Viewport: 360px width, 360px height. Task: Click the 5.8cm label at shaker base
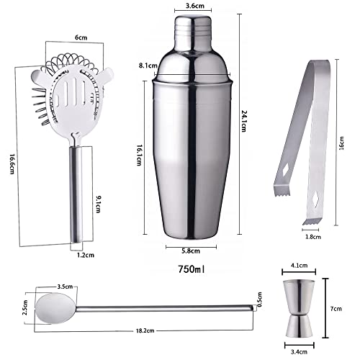point(191,251)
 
